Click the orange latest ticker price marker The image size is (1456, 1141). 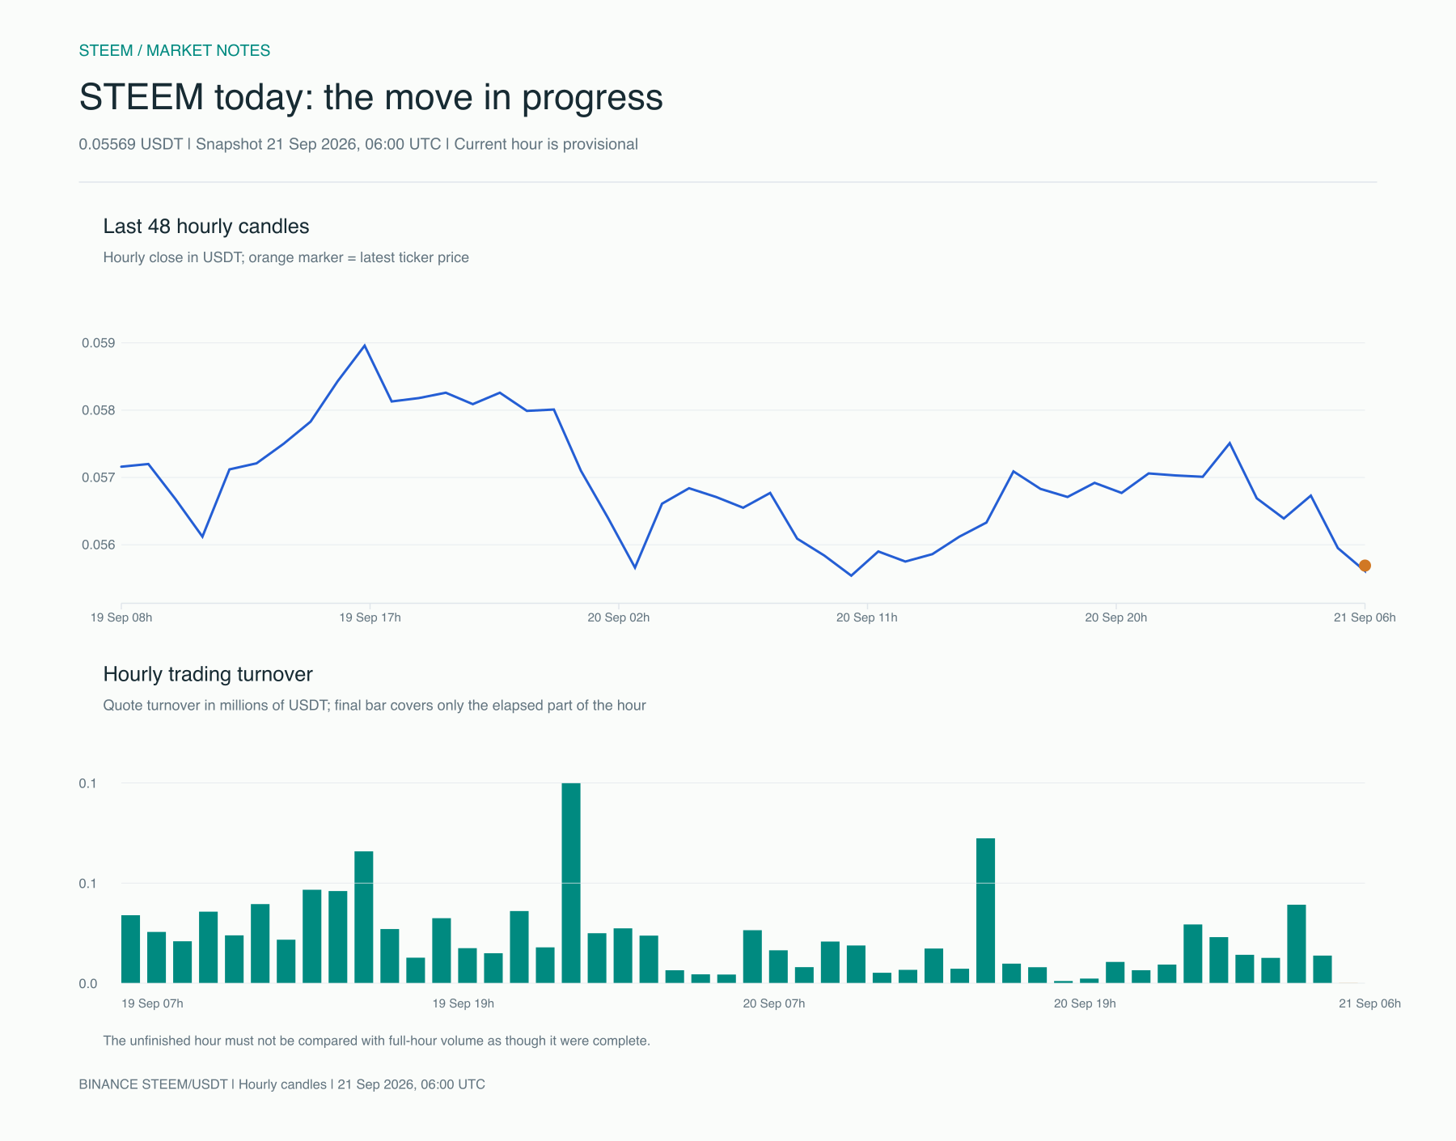[1365, 566]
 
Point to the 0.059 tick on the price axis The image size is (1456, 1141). [98, 343]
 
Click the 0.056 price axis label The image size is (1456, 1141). [98, 545]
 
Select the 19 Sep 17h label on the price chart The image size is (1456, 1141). [370, 617]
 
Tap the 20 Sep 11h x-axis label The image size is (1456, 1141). [866, 617]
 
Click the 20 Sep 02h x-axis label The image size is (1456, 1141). [618, 617]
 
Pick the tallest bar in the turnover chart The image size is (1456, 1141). [571, 883]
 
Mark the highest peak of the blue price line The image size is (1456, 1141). [364, 346]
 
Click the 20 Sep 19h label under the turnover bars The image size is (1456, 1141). [1085, 1003]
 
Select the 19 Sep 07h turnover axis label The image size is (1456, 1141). [152, 1003]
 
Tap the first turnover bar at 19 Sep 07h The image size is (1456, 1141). [131, 949]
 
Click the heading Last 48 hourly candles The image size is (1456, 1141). [206, 227]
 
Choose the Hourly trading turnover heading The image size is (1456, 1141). [208, 674]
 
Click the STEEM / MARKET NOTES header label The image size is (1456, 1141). [175, 50]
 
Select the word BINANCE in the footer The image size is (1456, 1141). [108, 1084]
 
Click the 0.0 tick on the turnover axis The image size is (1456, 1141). [88, 984]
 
